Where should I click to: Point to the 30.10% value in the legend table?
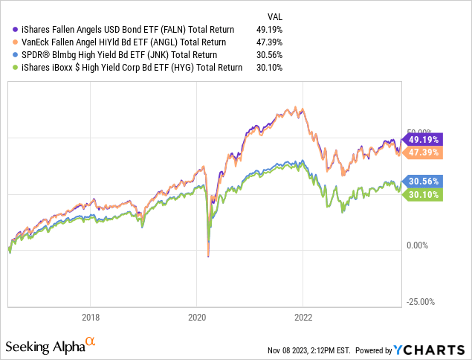click(x=275, y=68)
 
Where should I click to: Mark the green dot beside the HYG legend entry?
click(x=10, y=68)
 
